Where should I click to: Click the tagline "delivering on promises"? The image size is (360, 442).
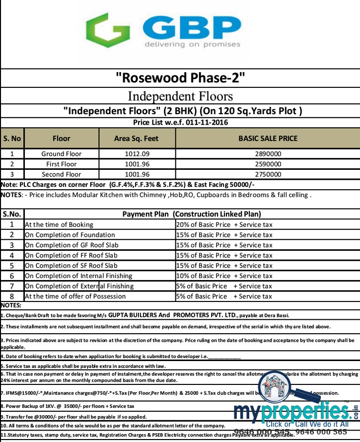[x=192, y=44]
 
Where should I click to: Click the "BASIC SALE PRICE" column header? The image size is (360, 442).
[x=268, y=139]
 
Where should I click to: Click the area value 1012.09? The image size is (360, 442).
[x=138, y=154]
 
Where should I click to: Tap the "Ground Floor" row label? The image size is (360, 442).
[x=62, y=154]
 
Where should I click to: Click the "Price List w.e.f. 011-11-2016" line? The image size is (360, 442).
[x=180, y=122]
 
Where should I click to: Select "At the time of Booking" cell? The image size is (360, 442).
[x=59, y=224]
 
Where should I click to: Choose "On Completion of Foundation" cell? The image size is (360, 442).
[x=70, y=235]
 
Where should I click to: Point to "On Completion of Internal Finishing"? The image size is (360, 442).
[x=78, y=276]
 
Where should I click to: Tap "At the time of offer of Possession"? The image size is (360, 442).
[x=79, y=296]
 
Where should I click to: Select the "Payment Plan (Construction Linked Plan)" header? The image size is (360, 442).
[x=192, y=215]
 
